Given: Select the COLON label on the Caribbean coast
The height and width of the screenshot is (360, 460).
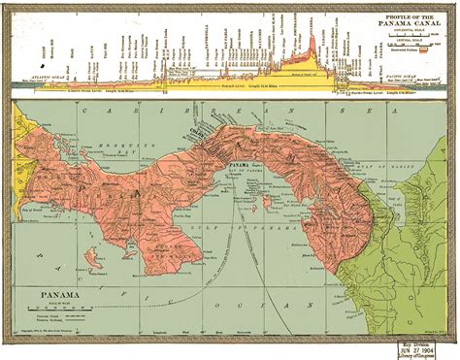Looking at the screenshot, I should tap(220, 127).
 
